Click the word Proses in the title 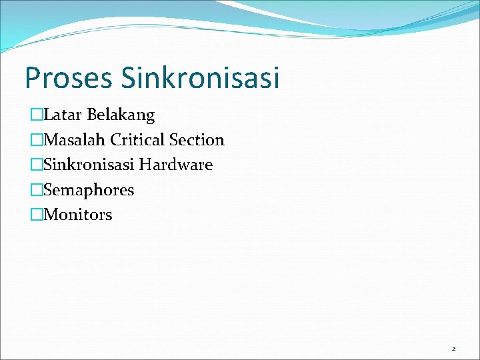click(x=69, y=78)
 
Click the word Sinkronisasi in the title click(x=200, y=78)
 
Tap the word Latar click(x=63, y=115)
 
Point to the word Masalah click(x=75, y=140)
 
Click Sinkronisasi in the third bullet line click(x=89, y=165)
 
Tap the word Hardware click(x=176, y=165)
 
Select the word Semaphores click(x=89, y=190)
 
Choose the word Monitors click(x=78, y=215)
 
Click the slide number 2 click(x=453, y=349)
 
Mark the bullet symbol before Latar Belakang click(x=37, y=115)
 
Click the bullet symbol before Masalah click(x=37, y=140)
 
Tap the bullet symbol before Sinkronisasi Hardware click(x=37, y=165)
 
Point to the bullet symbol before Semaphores click(x=37, y=190)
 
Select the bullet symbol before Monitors click(x=37, y=215)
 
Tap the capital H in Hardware click(x=145, y=165)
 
